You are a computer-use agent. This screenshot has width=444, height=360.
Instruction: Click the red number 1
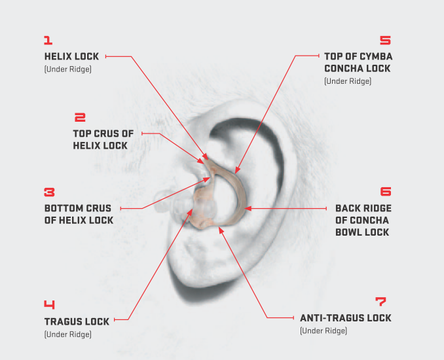click(48, 40)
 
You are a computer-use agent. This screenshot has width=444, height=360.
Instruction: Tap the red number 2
click(80, 117)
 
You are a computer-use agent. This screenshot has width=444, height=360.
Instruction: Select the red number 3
click(49, 192)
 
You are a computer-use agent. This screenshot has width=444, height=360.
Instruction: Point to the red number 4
click(49, 304)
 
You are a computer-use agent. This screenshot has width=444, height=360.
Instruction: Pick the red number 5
click(385, 40)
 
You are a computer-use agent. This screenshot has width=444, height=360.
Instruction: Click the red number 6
click(386, 191)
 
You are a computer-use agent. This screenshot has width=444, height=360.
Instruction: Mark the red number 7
click(380, 301)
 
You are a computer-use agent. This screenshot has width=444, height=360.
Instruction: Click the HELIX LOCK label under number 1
click(71, 56)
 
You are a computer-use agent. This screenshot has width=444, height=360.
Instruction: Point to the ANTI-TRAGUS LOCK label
click(346, 318)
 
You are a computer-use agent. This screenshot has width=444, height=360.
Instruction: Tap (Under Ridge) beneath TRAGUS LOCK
click(68, 334)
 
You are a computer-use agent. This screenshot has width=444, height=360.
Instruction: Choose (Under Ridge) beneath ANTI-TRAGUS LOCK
click(324, 331)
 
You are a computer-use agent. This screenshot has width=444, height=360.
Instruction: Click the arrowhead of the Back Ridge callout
click(248, 209)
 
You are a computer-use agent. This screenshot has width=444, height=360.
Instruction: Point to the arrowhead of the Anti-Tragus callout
click(221, 230)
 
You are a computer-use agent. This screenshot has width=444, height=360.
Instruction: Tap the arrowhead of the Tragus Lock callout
click(190, 211)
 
